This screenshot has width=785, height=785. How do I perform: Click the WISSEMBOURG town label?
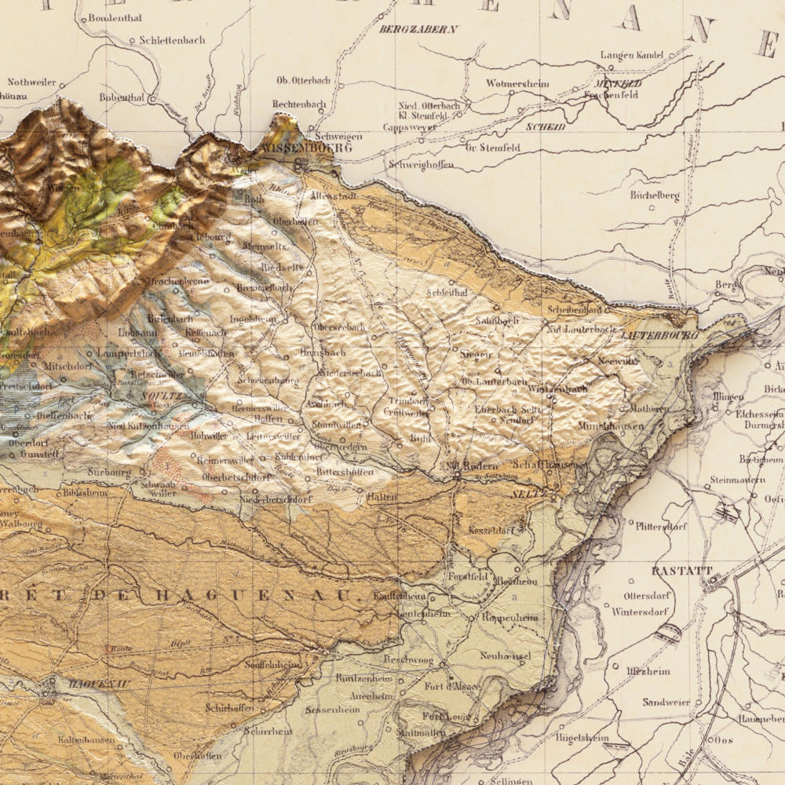coord(303,147)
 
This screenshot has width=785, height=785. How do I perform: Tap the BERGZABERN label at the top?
coord(418,29)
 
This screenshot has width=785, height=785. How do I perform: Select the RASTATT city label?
coord(681,571)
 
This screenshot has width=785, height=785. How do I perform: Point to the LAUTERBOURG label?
coord(659,335)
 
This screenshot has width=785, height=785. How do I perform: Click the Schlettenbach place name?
coord(172,40)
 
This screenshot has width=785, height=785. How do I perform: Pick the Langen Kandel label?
coord(632,55)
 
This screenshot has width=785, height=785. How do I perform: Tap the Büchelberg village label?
coord(655,195)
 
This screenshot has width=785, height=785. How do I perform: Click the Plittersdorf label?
coord(662,527)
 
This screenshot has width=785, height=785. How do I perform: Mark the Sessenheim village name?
coord(332,710)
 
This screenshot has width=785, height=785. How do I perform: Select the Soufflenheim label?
coord(273,664)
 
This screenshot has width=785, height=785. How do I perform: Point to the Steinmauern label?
coord(737,479)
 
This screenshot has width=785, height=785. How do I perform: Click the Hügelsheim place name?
coord(582,738)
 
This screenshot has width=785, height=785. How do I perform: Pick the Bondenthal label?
coord(114,17)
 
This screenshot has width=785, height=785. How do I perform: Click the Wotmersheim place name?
coord(517,83)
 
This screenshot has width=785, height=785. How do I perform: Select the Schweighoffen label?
coord(421,165)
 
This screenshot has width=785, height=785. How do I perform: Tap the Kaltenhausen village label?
coord(86,739)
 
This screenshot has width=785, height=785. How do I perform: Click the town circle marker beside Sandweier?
coord(697,703)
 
